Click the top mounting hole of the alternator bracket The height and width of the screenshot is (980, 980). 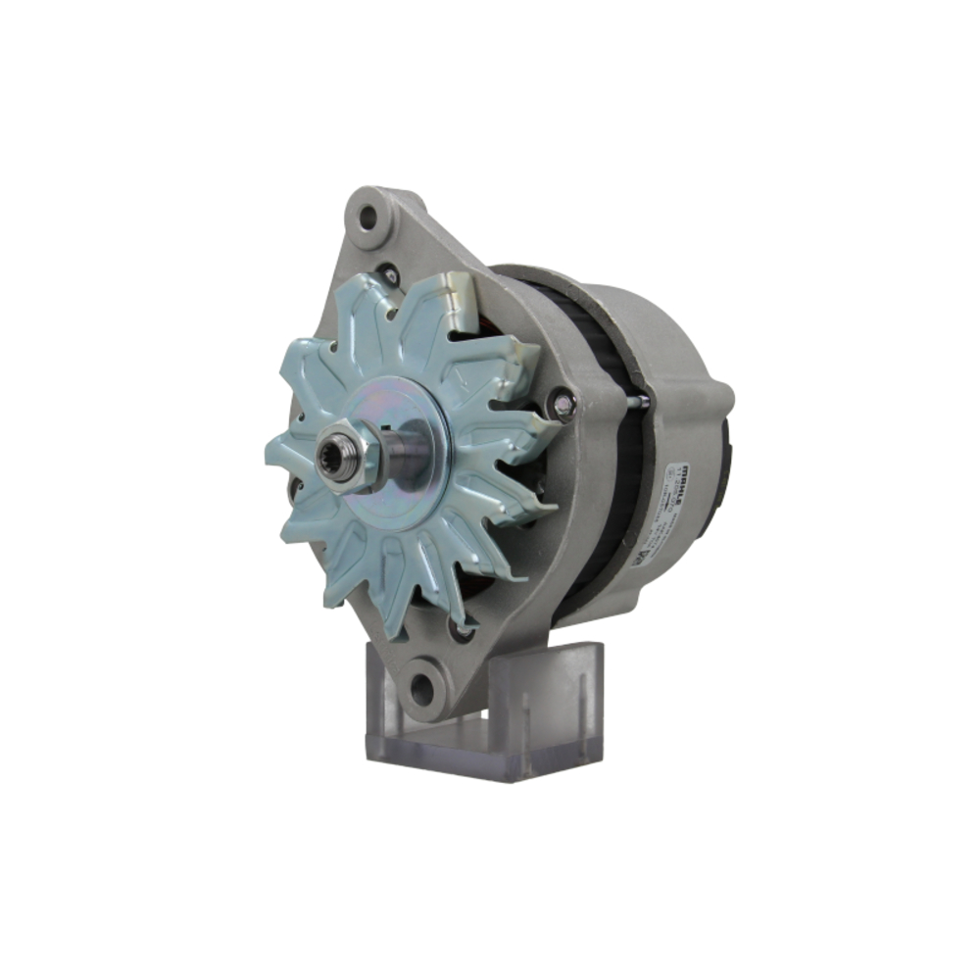(x=368, y=219)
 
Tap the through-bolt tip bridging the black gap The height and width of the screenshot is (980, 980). (x=639, y=400)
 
